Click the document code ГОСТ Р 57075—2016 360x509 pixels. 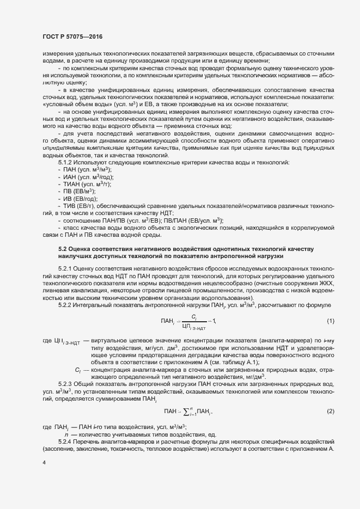click(72, 36)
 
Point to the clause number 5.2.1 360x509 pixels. click(66, 268)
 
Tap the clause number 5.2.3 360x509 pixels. click(66, 369)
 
